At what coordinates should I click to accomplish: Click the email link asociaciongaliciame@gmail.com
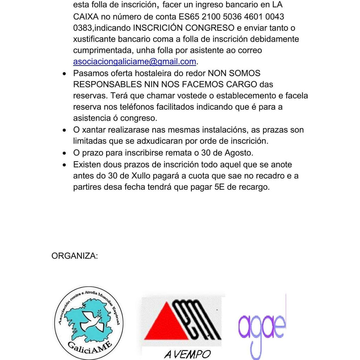point(134,62)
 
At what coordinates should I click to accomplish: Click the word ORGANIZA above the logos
point(74,256)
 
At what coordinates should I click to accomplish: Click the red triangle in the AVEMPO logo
point(163,324)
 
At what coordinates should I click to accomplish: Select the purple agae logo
point(262,327)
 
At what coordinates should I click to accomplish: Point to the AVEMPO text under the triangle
point(187,354)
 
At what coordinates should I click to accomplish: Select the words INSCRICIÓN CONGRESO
point(184,28)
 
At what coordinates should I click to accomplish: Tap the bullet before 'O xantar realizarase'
point(64,130)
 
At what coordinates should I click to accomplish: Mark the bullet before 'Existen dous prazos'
point(64,165)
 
